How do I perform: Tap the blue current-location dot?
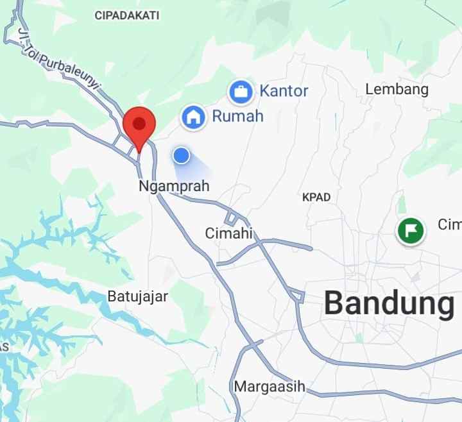182,155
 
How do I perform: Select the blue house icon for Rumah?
193,117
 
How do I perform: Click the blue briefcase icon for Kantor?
241,92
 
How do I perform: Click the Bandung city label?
388,303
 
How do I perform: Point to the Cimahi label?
229,233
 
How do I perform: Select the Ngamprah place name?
174,186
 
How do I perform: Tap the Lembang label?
397,89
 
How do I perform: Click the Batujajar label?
137,296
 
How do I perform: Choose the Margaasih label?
269,387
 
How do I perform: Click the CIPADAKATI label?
127,15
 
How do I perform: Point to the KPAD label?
316,197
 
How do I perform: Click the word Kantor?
284,91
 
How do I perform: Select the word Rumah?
237,116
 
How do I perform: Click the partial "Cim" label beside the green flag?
449,224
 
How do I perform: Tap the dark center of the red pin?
139,122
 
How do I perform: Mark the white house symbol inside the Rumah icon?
193,117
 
